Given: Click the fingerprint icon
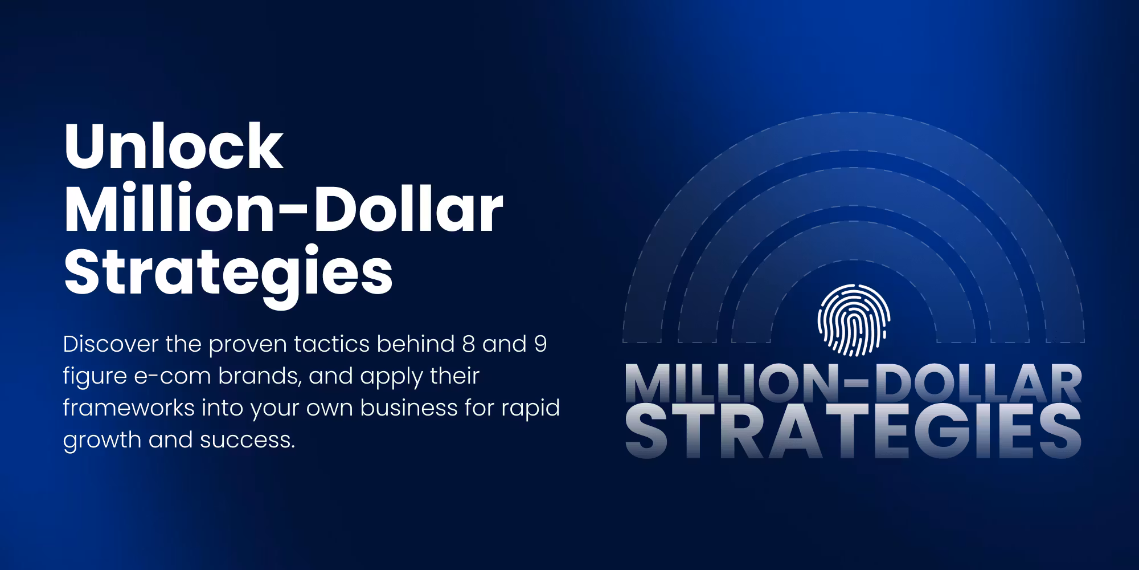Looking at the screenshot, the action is point(854,321).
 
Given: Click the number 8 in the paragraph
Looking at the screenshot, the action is point(465,344).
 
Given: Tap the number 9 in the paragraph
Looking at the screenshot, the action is point(540,344).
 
